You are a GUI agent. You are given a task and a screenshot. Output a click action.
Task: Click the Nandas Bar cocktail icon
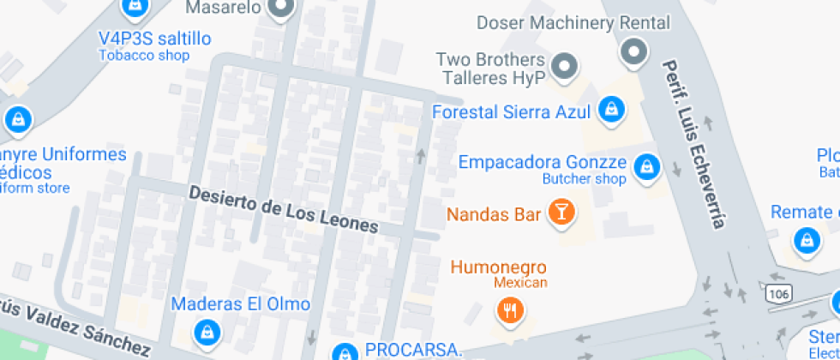coord(561,212)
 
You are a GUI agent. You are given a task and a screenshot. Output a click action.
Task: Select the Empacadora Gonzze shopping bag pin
coord(648,166)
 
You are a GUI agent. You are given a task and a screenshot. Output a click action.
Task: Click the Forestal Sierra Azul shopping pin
coord(610,109)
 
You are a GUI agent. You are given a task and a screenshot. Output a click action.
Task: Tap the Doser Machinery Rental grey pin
coord(634,51)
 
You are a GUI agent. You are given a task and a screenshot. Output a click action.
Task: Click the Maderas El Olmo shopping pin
coord(207,330)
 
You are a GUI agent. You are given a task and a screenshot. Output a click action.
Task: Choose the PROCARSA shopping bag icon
coord(345,352)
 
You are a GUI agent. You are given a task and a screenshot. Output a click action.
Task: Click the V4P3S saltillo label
coord(154,39)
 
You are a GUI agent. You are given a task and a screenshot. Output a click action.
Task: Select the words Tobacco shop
coord(143,56)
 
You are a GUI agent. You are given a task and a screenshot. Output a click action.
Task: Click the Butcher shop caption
coord(585,179)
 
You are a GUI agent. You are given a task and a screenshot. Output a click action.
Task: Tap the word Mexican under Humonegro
coord(520,283)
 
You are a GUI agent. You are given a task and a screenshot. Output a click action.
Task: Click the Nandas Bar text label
coord(494,213)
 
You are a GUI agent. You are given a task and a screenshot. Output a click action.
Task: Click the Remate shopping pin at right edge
coord(806,241)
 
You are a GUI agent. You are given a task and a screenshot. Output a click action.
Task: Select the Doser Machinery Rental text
coord(573,23)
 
